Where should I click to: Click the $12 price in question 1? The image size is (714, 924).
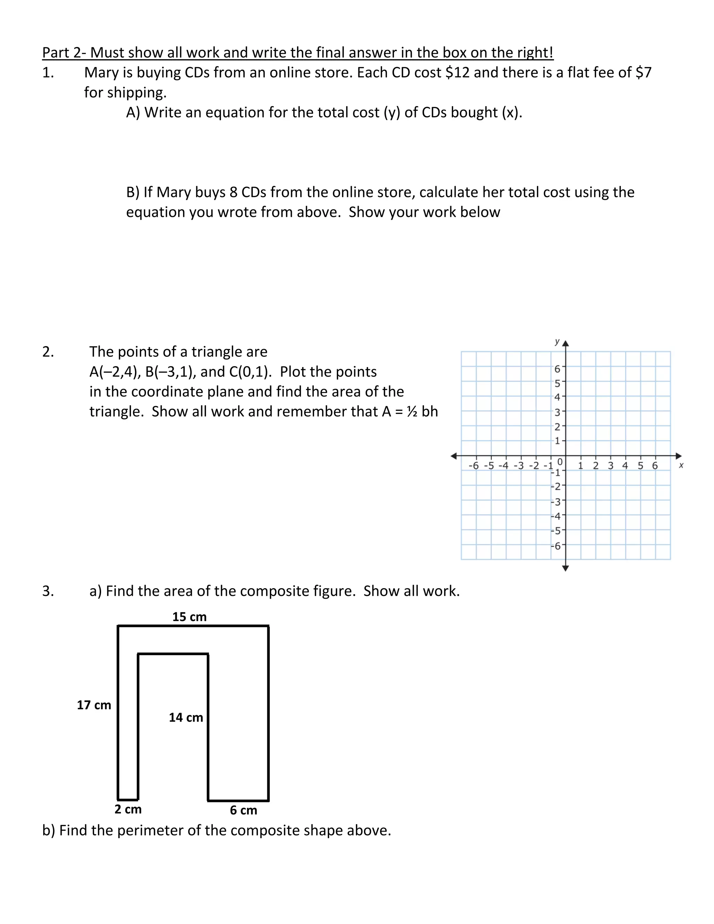click(458, 73)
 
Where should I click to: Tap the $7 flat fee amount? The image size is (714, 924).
click(643, 73)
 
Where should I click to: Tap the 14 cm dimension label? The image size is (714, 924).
click(186, 717)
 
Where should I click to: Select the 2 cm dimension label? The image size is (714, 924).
click(128, 809)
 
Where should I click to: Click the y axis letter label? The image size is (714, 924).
click(557, 341)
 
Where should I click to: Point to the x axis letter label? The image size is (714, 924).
click(681, 465)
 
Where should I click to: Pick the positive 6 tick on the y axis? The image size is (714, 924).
click(557, 369)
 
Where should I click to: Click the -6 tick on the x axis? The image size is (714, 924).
click(473, 466)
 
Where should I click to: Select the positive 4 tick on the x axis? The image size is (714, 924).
click(625, 466)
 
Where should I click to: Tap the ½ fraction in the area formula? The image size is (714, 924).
click(412, 411)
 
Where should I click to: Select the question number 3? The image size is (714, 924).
click(48, 591)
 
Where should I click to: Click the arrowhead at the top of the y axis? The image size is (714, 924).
click(565, 343)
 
